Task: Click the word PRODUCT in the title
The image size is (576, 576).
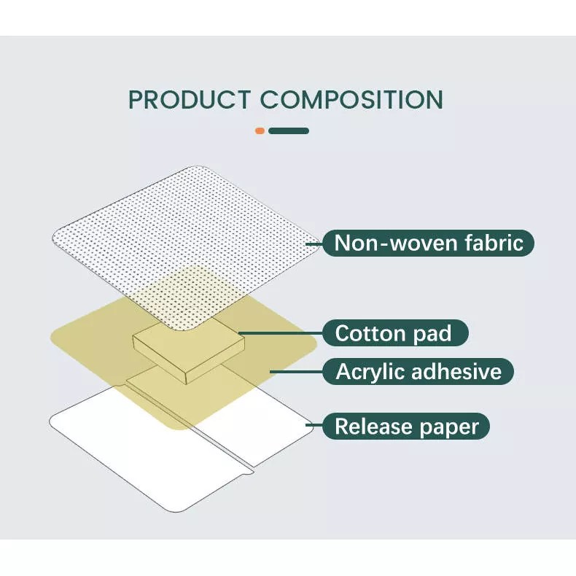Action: (x=190, y=100)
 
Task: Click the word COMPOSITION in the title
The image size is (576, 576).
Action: (x=352, y=100)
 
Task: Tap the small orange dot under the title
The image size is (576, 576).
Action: (x=260, y=131)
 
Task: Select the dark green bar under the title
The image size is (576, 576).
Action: (x=289, y=131)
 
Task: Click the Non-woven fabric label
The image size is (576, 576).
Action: (x=428, y=243)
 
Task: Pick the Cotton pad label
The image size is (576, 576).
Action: (x=395, y=332)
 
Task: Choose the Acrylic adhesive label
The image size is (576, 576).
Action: (x=418, y=371)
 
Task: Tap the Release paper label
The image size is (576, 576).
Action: (x=406, y=426)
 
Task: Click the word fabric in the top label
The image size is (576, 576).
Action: (x=494, y=243)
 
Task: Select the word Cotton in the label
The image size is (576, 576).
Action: (x=370, y=333)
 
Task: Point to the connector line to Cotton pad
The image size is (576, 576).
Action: (x=280, y=333)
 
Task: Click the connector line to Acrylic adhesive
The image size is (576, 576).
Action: (x=296, y=372)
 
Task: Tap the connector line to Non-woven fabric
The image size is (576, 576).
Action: (x=314, y=244)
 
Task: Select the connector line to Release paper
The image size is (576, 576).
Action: (x=314, y=425)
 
